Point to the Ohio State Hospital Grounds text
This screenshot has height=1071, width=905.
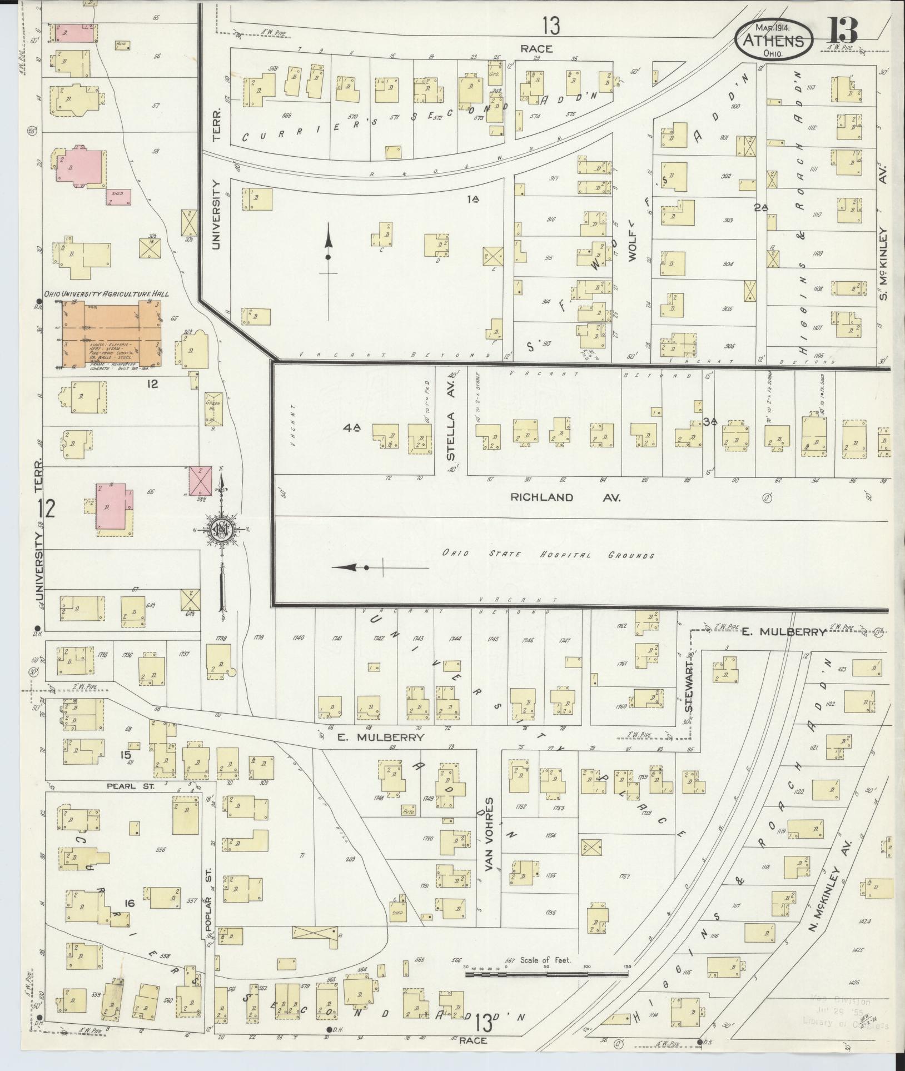[x=548, y=555]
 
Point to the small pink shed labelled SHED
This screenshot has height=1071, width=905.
[x=119, y=196]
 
